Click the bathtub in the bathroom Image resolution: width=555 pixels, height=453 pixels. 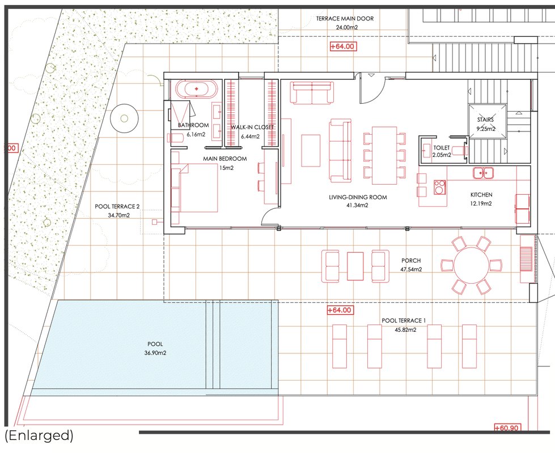click(197, 89)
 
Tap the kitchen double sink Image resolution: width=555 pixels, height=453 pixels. click(484, 173)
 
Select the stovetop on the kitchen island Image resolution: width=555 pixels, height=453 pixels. click(440, 187)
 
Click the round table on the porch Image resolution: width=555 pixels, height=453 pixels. click(472, 265)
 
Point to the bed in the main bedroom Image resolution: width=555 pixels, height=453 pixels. click(194, 187)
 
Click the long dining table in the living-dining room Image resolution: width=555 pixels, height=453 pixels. click(384, 155)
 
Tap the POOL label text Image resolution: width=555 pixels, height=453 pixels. click(155, 344)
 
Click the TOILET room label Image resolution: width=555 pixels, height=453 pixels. click(442, 148)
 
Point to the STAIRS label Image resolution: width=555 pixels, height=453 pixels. click(485, 120)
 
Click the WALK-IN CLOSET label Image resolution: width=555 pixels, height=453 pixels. click(252, 127)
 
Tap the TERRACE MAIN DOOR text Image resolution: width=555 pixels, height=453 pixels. click(345, 19)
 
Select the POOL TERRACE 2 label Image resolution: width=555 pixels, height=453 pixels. click(117, 207)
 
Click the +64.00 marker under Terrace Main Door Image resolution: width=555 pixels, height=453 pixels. click(342, 46)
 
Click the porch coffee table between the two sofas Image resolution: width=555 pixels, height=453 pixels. click(355, 266)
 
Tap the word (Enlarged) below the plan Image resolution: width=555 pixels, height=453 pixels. click(39, 435)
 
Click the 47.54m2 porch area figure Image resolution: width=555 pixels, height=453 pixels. click(412, 270)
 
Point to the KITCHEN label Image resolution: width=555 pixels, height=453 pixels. click(481, 195)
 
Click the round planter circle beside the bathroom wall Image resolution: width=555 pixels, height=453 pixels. click(124, 118)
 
